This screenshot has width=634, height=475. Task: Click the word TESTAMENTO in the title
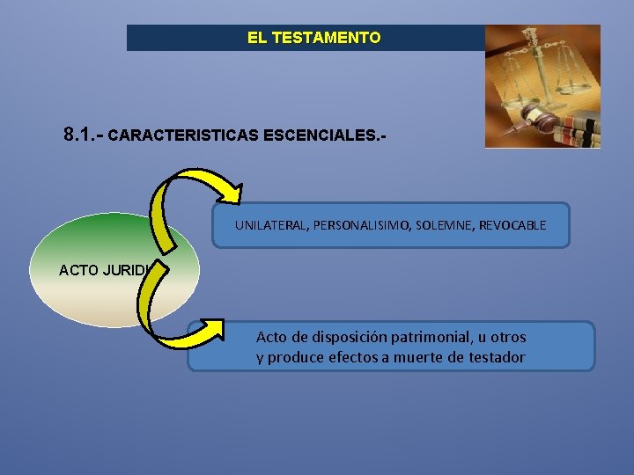(x=327, y=38)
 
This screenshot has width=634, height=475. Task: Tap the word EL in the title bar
(x=258, y=38)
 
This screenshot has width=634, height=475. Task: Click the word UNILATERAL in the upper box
(x=269, y=226)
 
